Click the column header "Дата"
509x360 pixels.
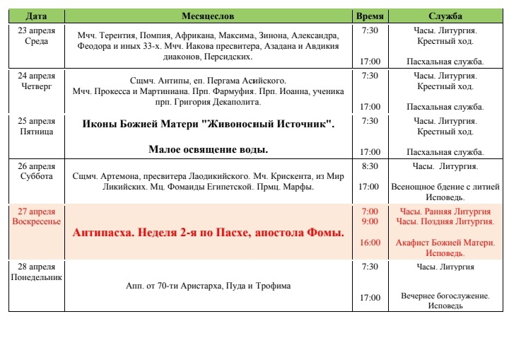coord(37,16)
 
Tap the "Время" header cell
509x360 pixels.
coord(370,16)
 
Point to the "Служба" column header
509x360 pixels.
coord(445,16)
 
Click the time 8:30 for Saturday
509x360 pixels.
coord(370,167)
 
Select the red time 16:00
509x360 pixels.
coord(370,242)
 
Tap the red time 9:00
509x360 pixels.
coord(370,221)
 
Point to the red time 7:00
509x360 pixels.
coord(370,211)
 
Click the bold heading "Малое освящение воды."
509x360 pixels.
coord(208,150)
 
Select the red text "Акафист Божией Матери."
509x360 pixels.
coord(445,243)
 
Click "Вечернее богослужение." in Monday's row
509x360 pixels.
coord(445,296)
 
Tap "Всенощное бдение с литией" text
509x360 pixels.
coord(445,187)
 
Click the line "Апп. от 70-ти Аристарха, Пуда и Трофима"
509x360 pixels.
coord(208,286)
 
